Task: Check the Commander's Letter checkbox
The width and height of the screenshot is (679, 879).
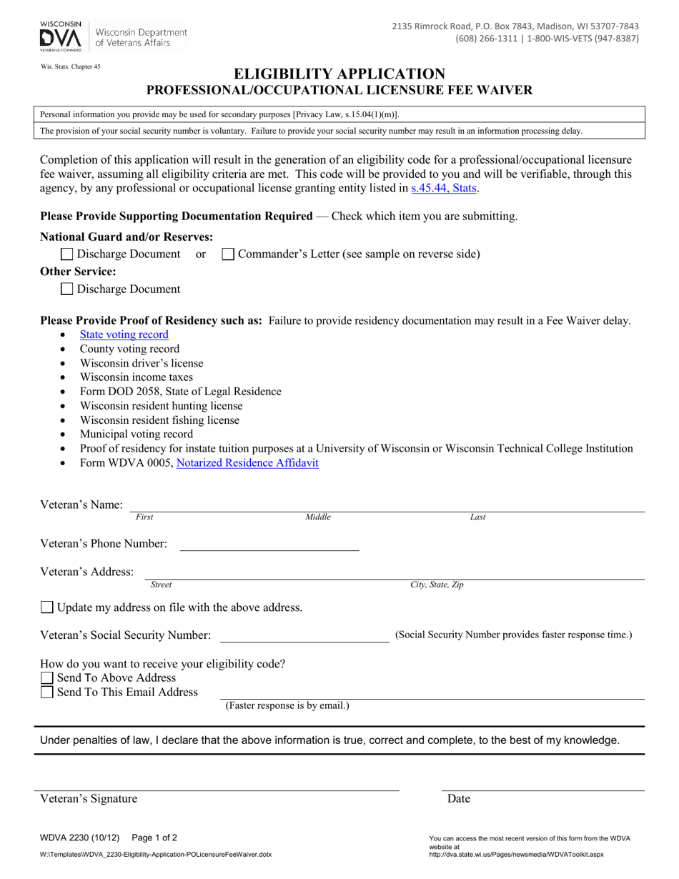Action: pos(228,254)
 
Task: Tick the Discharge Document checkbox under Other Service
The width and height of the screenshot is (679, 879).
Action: pos(67,289)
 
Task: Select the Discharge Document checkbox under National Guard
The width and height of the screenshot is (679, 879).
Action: pos(67,254)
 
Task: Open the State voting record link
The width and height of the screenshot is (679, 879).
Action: pos(124,334)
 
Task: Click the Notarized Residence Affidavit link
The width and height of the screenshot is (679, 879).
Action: pos(247,463)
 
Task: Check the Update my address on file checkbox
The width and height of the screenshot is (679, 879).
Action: pos(47,607)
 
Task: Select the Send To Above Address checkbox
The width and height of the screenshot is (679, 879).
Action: pos(47,677)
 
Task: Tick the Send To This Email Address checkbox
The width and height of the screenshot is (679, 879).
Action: pos(47,692)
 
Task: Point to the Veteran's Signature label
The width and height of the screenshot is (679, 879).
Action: pos(89,799)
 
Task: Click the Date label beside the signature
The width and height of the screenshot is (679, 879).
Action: pos(459,799)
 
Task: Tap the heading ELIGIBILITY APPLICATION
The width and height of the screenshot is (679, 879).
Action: pos(339,74)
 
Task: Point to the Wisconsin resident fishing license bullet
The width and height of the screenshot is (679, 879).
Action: pos(159,420)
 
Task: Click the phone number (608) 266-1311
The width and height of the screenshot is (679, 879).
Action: pos(486,39)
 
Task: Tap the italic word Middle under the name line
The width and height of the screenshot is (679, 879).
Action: pos(318,517)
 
